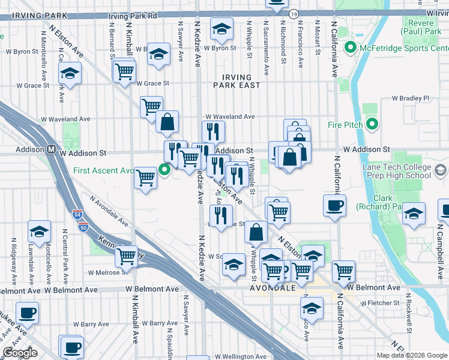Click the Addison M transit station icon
point(52,149)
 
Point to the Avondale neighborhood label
point(274,288)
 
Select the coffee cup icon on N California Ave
point(334,205)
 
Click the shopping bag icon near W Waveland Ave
point(167,121)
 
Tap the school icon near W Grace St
point(70,74)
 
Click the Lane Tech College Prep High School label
point(397,171)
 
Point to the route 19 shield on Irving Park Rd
point(293,13)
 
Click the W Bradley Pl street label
point(411,98)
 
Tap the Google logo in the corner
point(20,353)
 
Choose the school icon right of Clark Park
point(414,214)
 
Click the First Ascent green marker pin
point(166,170)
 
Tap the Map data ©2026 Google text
point(412,355)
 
